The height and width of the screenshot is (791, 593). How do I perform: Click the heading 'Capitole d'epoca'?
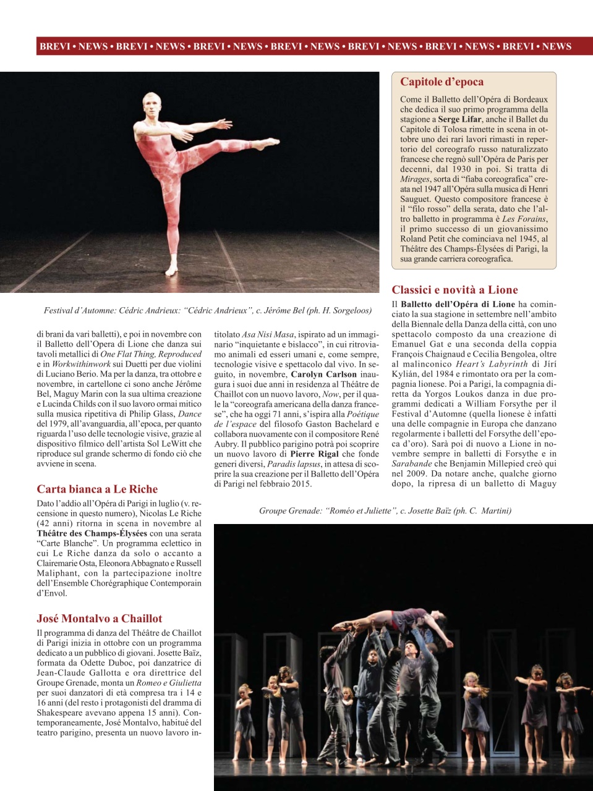442,82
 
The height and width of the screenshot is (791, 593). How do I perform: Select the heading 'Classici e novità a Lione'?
454,290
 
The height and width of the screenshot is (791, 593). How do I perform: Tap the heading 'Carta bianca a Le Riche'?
97,489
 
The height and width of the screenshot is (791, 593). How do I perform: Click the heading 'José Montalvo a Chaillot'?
99,619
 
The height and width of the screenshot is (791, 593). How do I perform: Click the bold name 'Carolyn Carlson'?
324,374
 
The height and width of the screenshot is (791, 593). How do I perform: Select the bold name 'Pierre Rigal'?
314,454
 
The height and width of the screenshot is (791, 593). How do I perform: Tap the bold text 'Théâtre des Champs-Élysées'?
92,533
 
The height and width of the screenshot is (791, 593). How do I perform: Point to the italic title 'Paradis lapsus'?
294,464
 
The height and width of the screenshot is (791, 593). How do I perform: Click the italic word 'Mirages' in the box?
414,179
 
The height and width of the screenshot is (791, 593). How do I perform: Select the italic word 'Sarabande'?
412,464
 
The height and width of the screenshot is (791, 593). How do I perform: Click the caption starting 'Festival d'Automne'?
208,311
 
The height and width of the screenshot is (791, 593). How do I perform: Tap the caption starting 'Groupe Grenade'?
385,511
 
